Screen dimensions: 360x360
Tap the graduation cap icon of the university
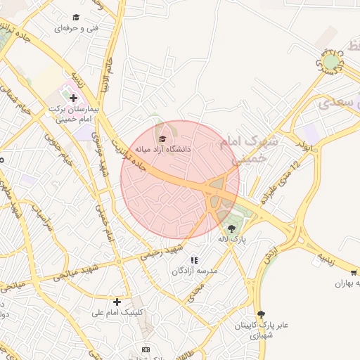coord(162,139)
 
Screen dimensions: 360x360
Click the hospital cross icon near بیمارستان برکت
coord(73,97)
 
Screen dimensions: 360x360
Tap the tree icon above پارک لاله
coord(232,229)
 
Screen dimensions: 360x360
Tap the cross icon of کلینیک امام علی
coord(117,302)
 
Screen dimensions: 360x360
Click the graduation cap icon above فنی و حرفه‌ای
coord(76,18)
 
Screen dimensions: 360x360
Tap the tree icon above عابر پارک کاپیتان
coord(262,314)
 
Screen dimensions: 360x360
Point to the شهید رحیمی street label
coord(161,251)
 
